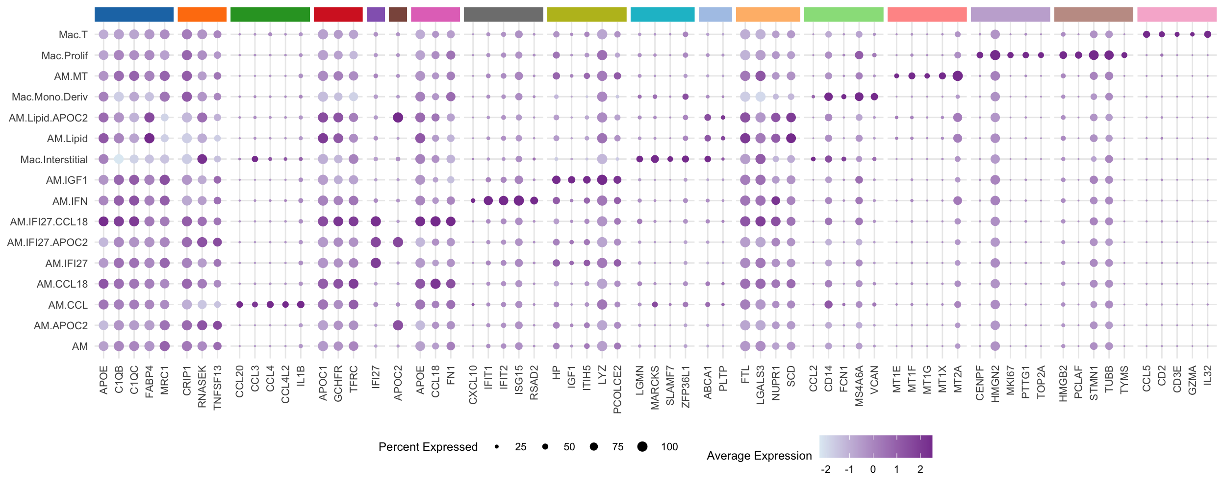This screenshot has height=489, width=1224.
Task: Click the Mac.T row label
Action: pos(73,35)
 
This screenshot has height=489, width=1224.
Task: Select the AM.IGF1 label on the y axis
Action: pos(67,180)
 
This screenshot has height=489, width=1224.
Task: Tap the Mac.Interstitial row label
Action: pos(54,160)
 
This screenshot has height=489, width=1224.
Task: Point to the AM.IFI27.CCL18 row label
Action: pos(49,222)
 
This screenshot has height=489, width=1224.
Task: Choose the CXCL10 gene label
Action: pos(473,385)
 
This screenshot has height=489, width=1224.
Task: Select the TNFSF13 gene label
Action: pos(218,387)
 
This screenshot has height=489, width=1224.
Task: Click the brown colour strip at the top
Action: pos(398,15)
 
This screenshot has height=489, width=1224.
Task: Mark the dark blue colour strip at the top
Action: pos(134,15)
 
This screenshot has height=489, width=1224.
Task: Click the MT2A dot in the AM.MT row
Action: pos(957,76)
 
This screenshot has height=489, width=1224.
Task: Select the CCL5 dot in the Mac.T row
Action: pos(1147,34)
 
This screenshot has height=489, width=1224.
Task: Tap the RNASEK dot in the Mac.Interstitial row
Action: pos(202,159)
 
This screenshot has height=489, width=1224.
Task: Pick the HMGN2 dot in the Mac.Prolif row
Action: pos(995,55)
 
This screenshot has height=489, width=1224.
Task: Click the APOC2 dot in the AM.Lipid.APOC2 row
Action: pos(398,118)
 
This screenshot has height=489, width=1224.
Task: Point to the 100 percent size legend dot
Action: pos(642,446)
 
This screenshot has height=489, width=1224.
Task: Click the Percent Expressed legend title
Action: pos(428,447)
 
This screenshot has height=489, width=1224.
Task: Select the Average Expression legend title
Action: pos(759,456)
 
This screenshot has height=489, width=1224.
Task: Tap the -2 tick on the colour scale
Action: pos(826,469)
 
